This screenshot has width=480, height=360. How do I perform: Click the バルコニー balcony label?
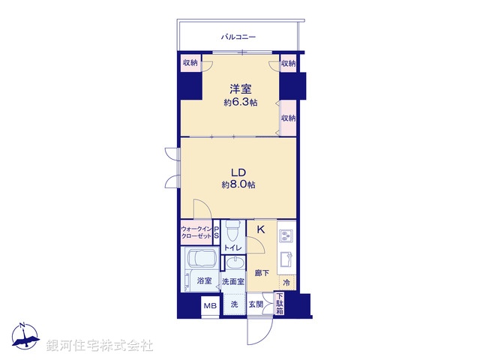pos(238,36)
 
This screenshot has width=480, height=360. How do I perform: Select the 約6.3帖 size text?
pos(240,102)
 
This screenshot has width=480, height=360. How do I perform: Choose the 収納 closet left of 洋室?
pos(189,64)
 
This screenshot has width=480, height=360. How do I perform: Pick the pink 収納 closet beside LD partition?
pos(289,118)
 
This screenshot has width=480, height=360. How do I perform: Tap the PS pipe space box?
pos(217,232)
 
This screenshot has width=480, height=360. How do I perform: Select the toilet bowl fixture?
pos(232,228)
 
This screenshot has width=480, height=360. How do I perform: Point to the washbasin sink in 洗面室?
pos(235,264)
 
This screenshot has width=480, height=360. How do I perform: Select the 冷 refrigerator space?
pos(286,283)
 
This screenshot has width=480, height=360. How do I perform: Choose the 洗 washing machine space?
pos(234,304)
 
